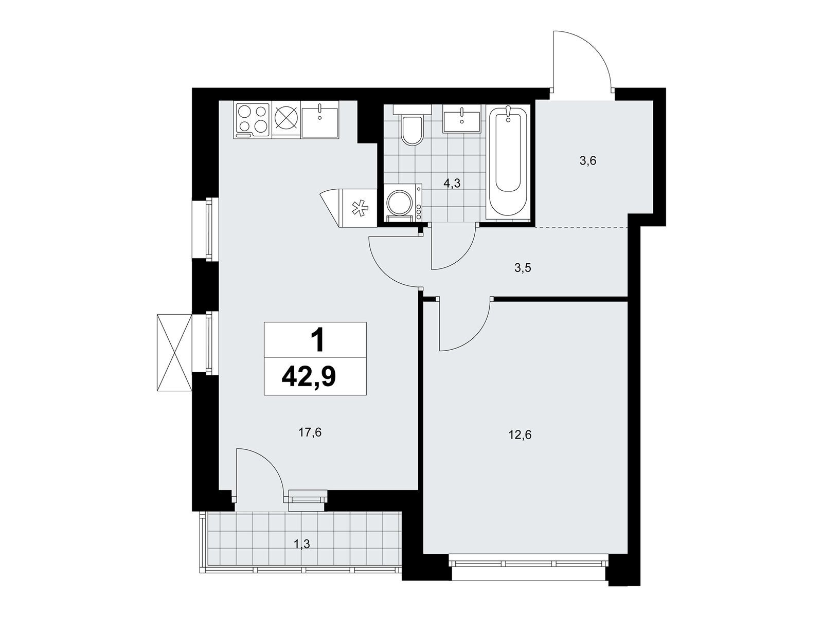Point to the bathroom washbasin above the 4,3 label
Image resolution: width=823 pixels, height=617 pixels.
click(461, 118)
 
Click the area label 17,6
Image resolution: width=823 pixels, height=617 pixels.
click(310, 433)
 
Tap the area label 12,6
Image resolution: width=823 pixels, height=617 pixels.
click(520, 435)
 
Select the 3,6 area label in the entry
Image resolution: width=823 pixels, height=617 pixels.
click(587, 161)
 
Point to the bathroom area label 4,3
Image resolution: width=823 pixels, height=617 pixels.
click(452, 183)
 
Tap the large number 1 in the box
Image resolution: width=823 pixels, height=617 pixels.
click(317, 339)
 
